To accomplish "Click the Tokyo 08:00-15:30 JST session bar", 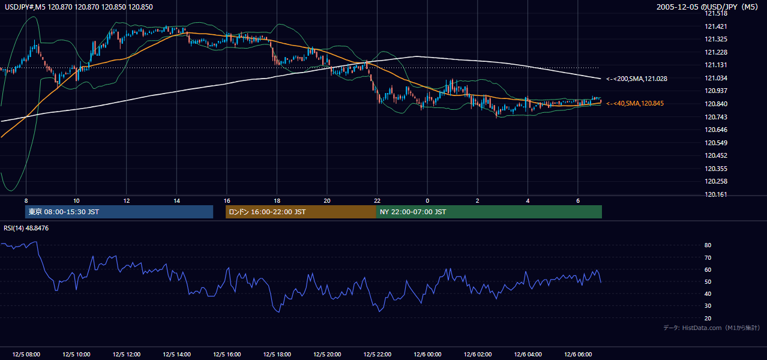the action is (x=119, y=212).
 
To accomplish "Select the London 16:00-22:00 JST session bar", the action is (x=301, y=212).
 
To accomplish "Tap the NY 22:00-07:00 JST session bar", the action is (x=489, y=212).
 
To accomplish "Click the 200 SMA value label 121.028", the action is (x=637, y=79).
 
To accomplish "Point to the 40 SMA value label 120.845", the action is (x=635, y=103).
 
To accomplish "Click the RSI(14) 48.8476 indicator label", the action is (x=26, y=228).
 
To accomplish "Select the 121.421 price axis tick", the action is (x=715, y=26).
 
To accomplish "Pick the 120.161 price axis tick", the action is (x=715, y=194).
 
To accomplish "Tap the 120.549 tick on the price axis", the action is (x=715, y=143).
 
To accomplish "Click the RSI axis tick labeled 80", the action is (x=708, y=245).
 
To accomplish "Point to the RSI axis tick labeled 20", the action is (x=708, y=318).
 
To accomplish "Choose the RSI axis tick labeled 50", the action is (x=708, y=281).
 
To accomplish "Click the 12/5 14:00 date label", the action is (x=176, y=355).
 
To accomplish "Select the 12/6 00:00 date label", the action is (x=427, y=355).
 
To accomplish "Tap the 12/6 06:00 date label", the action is (x=578, y=355).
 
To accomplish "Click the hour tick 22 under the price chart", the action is (x=377, y=201).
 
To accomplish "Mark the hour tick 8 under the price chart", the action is (x=26, y=201).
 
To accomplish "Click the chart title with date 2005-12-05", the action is (x=707, y=7).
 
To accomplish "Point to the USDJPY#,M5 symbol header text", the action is (x=25, y=7).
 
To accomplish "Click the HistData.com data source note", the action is (x=712, y=328).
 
